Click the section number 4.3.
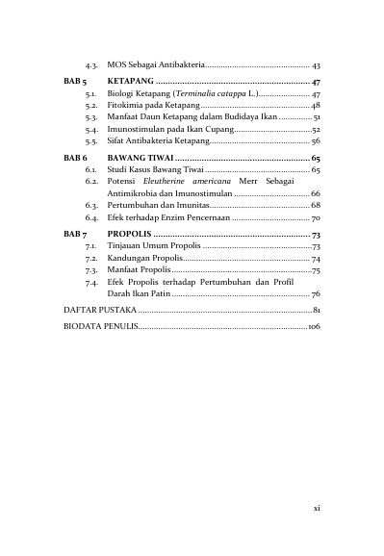[x=92, y=63]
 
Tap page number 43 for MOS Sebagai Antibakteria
[x=316, y=63]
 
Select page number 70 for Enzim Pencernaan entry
[x=315, y=219]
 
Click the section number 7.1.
[x=92, y=247]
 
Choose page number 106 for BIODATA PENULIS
[x=313, y=328]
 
